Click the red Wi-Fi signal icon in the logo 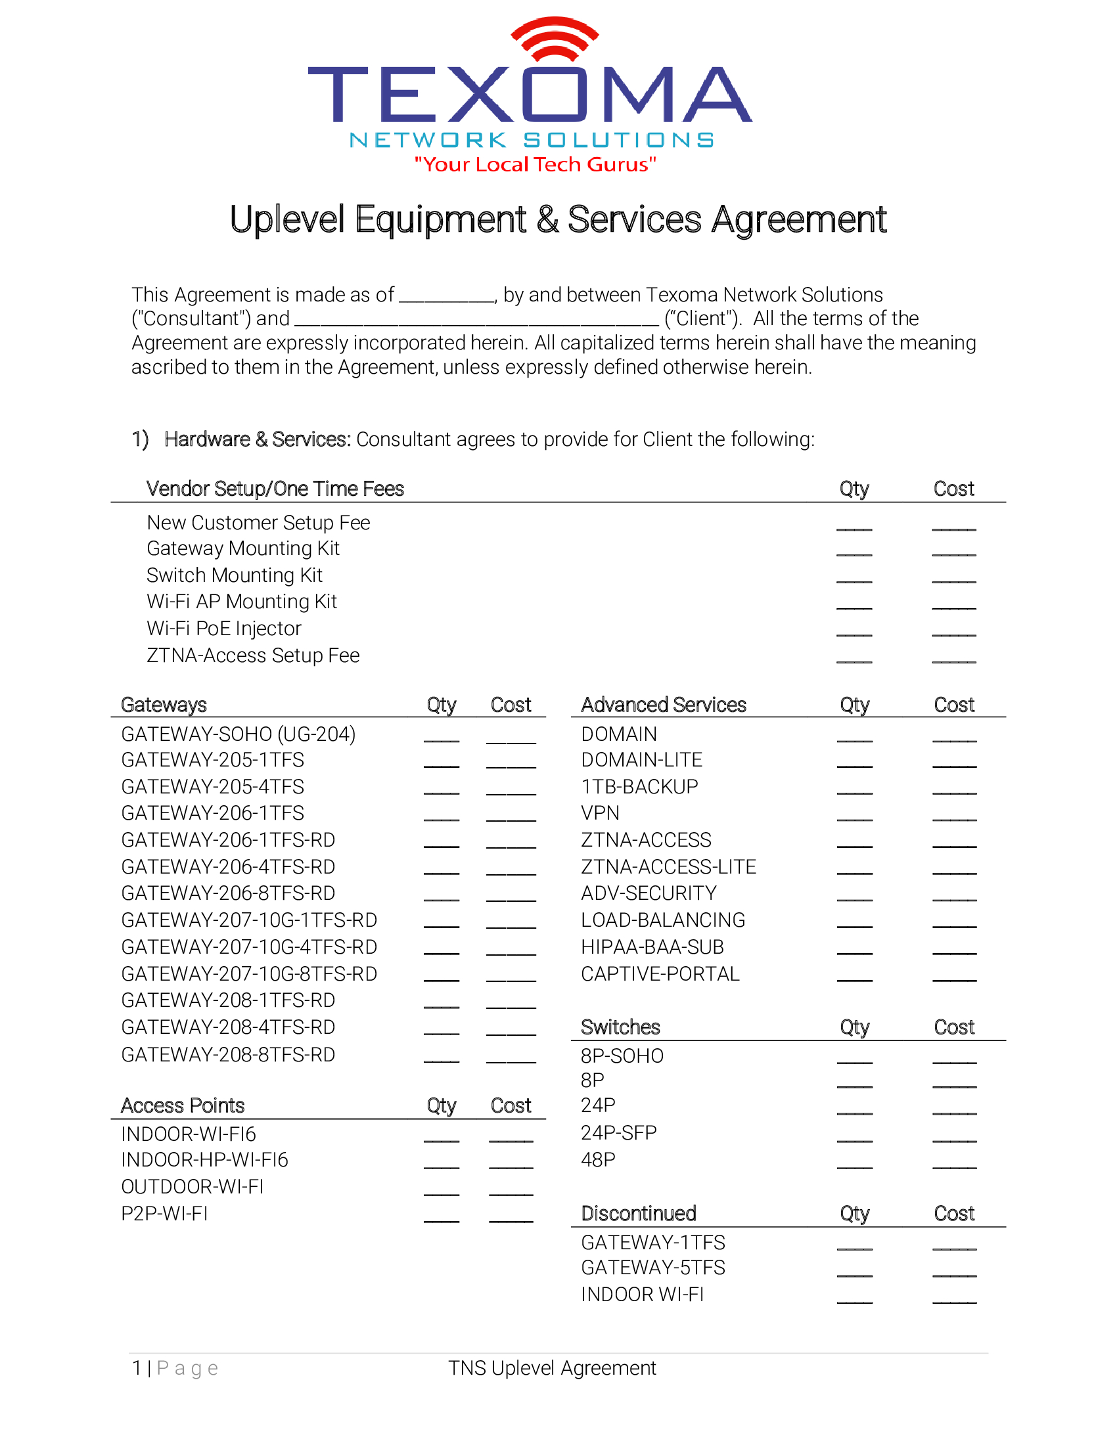pos(555,38)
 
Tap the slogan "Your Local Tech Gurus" pos(535,164)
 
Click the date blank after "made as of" pos(447,299)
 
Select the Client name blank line pos(476,323)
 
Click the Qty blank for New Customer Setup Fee pos(854,527)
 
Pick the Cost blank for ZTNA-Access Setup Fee pos(953,659)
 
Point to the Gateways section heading pos(164,705)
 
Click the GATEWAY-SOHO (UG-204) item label pos(239,734)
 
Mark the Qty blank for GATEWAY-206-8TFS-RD pos(442,898)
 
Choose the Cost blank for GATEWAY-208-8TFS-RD pos(511,1059)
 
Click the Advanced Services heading pos(663,705)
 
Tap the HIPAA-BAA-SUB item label pos(652,947)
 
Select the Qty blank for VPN pos(854,818)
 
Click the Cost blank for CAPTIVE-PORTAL pos(954,978)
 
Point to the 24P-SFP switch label pos(618,1133)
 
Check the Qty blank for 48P pos(854,1166)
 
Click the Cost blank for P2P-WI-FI pos(511,1218)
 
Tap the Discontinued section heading pos(638,1213)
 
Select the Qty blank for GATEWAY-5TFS pos(854,1274)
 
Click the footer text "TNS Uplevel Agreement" pos(552,1367)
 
